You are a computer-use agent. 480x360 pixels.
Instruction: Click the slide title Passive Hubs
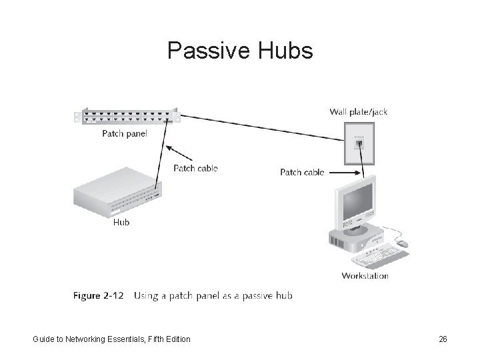pyautogui.click(x=239, y=51)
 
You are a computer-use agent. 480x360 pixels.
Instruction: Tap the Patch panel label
pyautogui.click(x=125, y=133)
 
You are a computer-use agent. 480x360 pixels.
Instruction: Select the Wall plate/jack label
pyautogui.click(x=358, y=112)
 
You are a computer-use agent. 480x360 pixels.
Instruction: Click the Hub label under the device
pyautogui.click(x=121, y=222)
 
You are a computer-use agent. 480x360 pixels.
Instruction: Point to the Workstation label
pyautogui.click(x=365, y=275)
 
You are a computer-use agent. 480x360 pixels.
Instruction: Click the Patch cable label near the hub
pyautogui.click(x=195, y=168)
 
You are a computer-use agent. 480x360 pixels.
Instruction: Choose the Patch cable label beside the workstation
pyautogui.click(x=302, y=172)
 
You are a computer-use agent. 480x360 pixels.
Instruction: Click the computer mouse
pyautogui.click(x=403, y=245)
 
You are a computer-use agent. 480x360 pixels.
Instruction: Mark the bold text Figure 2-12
pyautogui.click(x=99, y=295)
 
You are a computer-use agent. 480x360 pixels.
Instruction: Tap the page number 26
pyautogui.click(x=443, y=339)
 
